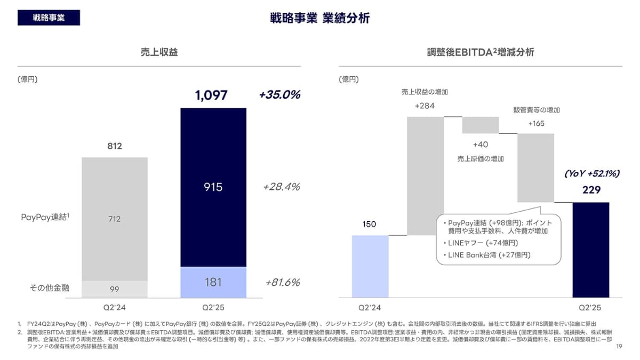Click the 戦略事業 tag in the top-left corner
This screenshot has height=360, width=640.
point(49,17)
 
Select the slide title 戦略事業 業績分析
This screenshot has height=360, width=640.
point(320,18)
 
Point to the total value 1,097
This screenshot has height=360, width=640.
point(211,95)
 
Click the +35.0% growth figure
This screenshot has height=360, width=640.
point(279,95)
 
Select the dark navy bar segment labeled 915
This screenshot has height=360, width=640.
point(213,187)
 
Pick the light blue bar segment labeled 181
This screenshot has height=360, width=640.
point(213,282)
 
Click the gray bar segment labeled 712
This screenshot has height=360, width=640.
point(115,219)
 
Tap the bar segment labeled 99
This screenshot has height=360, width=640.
point(115,289)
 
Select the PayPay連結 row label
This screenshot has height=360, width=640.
point(45,218)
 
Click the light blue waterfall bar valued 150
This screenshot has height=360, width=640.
point(370,266)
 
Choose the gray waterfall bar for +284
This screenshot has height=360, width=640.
point(425,175)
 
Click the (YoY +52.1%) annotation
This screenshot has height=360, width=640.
point(591,174)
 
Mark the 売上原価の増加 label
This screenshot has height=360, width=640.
point(480,158)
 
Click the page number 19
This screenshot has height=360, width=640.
point(619,347)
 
